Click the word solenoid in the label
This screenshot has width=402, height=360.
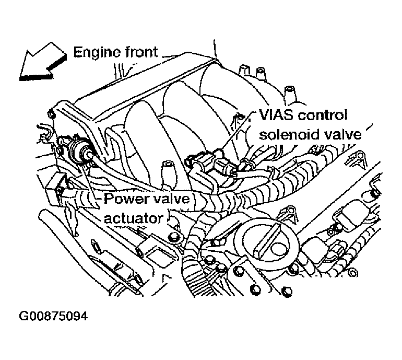[288, 134]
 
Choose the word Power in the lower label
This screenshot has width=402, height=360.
[123, 199]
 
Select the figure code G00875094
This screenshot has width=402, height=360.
[53, 317]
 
